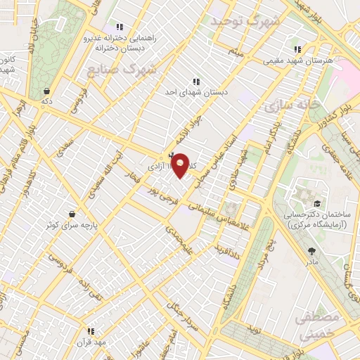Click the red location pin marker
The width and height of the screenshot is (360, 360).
[181, 165]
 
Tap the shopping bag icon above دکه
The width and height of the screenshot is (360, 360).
[47, 91]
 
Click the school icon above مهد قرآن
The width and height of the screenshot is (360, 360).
[91, 330]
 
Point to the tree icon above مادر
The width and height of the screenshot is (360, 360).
[311, 250]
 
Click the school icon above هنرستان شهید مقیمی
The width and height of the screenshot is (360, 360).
[297, 49]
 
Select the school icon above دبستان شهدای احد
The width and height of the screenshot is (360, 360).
[195, 81]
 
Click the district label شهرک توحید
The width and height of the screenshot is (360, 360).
[245, 21]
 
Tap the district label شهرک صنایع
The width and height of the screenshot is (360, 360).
[122, 70]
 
